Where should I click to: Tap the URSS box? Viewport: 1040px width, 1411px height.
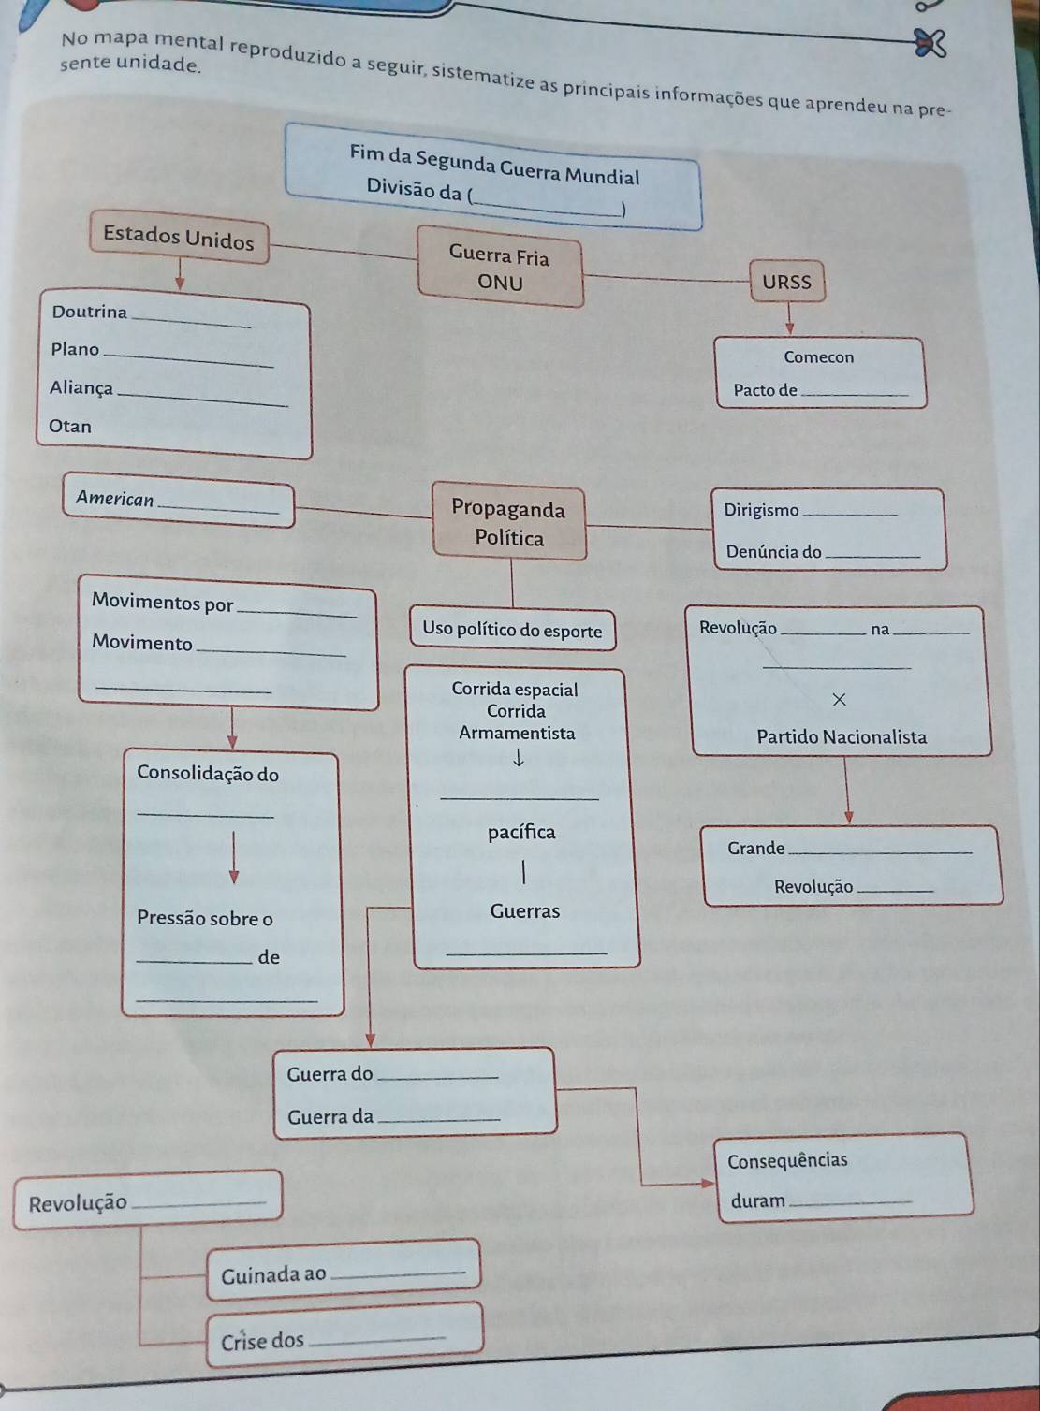[786, 282]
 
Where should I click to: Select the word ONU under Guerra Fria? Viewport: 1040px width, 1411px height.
[500, 283]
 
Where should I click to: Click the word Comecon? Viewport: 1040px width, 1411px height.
[818, 356]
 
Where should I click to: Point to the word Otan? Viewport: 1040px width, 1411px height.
[70, 427]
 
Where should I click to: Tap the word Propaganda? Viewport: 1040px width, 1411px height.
[508, 509]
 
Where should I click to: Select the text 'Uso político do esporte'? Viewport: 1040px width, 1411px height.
[512, 630]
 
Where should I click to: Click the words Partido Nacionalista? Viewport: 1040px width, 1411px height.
[842, 737]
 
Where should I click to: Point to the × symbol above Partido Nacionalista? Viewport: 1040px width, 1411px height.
[839, 699]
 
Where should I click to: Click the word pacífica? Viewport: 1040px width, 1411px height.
[521, 832]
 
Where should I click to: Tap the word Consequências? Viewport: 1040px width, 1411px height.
[787, 1161]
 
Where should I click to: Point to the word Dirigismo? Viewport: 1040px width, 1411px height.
[761, 510]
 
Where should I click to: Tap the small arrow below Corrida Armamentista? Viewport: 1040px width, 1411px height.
[517, 761]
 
